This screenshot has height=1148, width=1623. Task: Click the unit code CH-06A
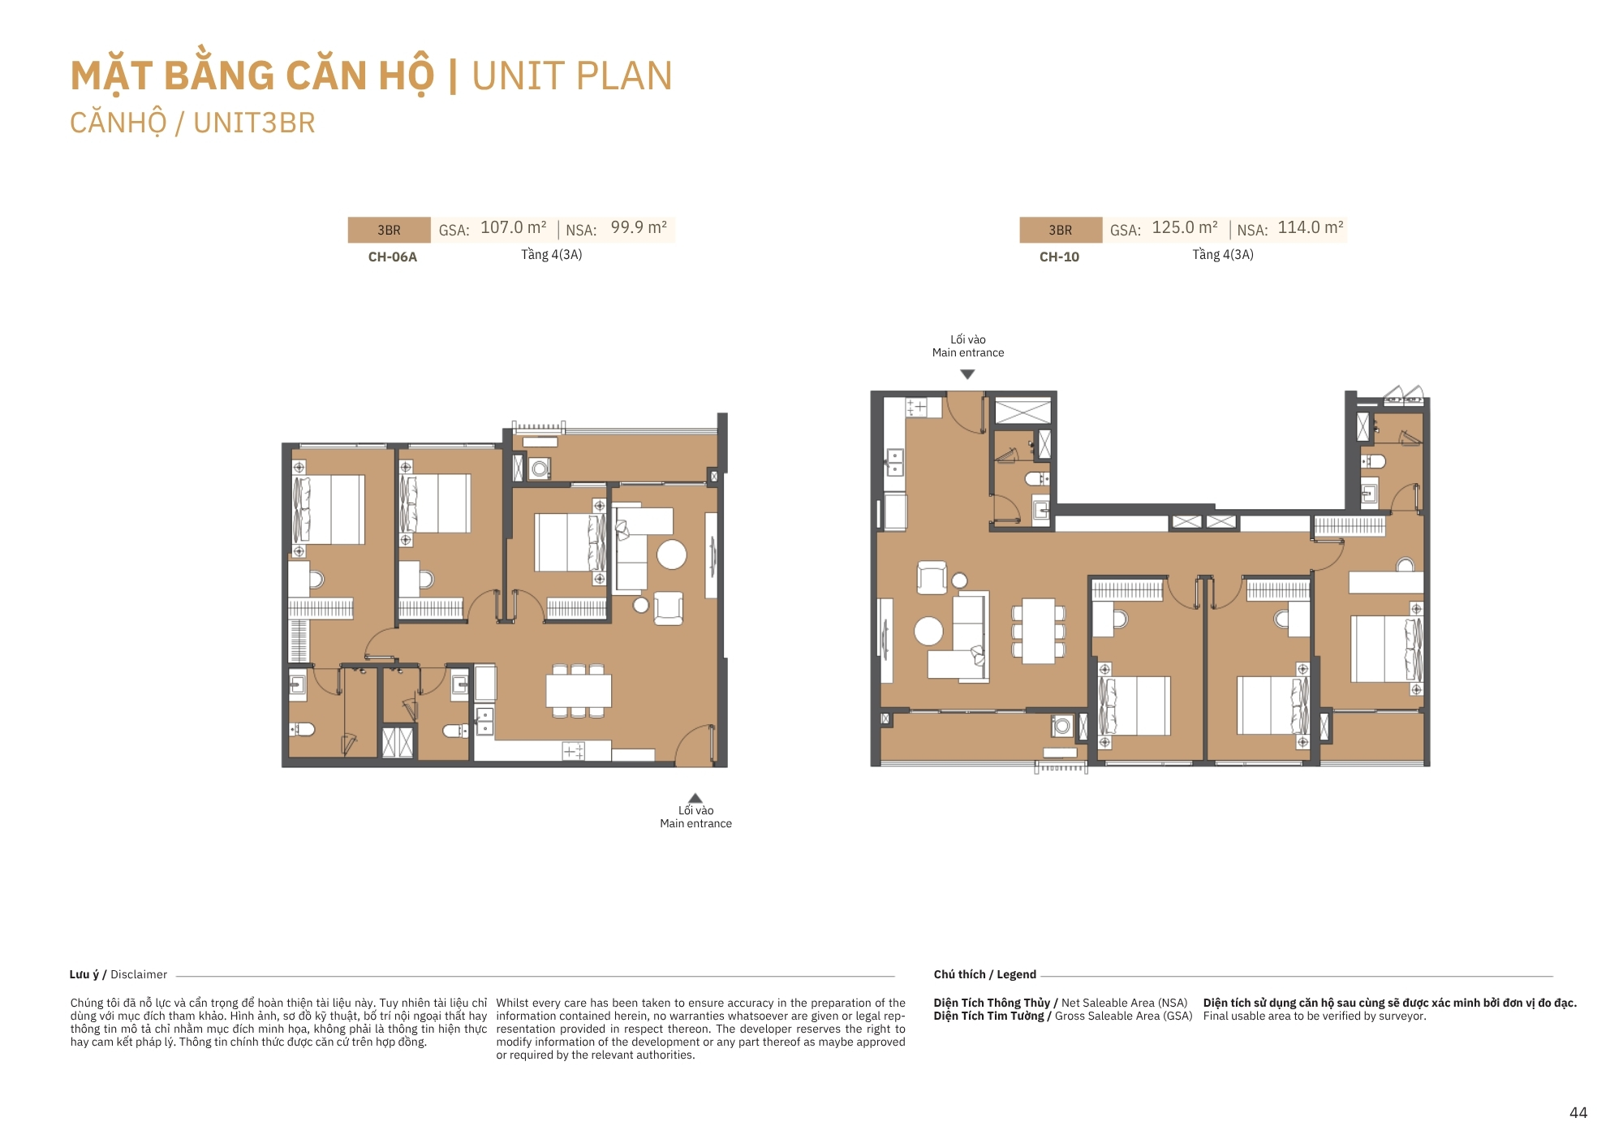393,257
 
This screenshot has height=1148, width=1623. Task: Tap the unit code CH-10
1059,257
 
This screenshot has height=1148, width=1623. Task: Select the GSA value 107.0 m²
514,227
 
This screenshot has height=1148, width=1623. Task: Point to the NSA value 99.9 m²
639,227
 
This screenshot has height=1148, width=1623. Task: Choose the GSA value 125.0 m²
1185,227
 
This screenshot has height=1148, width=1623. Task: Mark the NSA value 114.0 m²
1311,227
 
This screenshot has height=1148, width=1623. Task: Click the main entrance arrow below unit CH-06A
695,798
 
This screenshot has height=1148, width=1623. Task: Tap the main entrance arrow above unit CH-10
967,374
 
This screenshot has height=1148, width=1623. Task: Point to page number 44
1578,1113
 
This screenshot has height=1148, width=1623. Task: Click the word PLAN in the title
624,76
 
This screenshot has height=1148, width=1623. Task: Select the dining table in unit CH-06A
579,691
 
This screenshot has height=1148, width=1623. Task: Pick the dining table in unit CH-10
1039,631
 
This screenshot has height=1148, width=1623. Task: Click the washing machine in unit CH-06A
540,468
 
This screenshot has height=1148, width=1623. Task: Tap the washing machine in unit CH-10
1062,726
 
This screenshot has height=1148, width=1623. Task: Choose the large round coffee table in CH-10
928,631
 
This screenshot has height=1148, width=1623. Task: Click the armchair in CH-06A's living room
669,607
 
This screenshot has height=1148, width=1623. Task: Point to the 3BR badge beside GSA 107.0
389,230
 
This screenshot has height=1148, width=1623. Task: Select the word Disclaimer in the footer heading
139,974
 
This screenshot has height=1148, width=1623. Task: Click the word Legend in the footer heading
1016,974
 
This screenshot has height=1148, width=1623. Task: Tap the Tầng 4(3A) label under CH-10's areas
1223,255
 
